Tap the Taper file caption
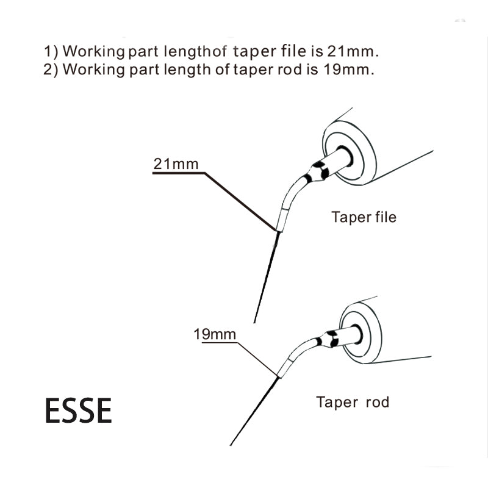point(364,217)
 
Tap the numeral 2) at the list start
point(52,68)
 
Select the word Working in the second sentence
point(92,68)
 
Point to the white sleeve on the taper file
point(282,217)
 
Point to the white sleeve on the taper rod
point(285,367)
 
